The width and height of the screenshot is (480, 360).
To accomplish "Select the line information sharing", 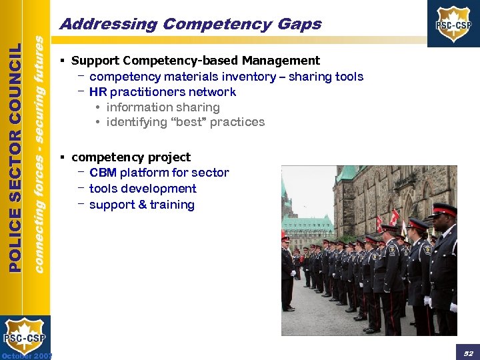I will point(163,107).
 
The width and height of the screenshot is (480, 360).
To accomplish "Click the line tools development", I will point(143,189).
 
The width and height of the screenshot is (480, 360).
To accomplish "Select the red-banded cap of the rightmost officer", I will point(444,209).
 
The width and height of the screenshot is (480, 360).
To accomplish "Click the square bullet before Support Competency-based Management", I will point(61,61).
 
